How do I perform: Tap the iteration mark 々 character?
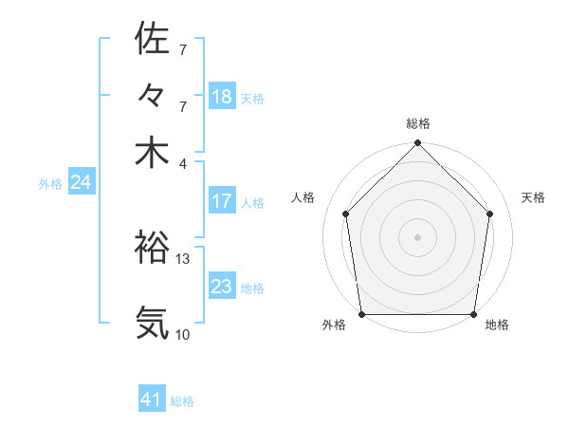[x=152, y=97]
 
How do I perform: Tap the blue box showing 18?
[x=222, y=97]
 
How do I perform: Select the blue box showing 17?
[x=222, y=201]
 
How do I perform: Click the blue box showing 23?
[x=222, y=287]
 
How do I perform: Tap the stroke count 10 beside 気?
[x=183, y=334]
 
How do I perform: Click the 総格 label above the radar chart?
[x=417, y=123]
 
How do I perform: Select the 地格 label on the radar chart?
[x=497, y=325]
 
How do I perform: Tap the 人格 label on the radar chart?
[x=303, y=197]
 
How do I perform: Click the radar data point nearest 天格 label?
[x=490, y=214]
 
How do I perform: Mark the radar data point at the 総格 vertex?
[x=417, y=144]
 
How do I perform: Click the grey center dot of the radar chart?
[x=417, y=236]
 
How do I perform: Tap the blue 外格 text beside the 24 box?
[x=50, y=184]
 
